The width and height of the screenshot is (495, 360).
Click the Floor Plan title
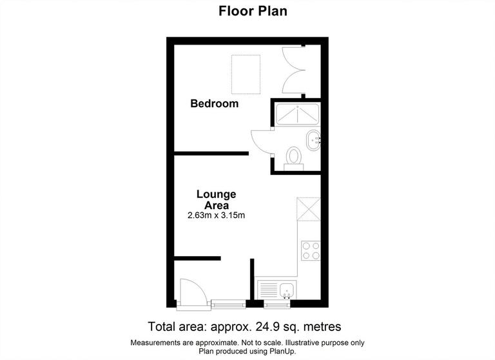(x=247, y=11)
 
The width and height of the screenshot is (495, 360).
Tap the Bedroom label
(x=214, y=103)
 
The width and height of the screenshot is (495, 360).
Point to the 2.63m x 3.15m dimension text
(x=216, y=215)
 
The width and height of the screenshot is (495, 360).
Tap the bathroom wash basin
(x=314, y=139)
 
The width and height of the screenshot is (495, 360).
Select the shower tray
(x=297, y=115)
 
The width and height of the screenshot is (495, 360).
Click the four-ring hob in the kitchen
(x=311, y=250)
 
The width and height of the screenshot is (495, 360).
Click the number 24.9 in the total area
(x=263, y=326)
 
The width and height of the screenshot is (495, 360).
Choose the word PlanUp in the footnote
(x=284, y=350)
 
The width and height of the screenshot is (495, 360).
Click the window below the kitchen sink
(x=276, y=303)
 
